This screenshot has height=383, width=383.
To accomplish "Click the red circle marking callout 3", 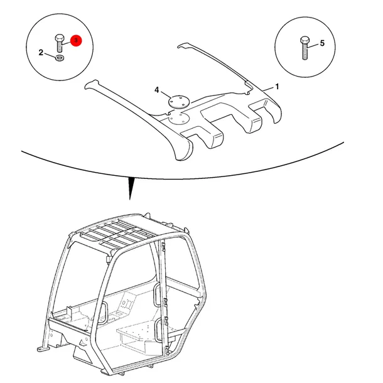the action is click(x=76, y=41).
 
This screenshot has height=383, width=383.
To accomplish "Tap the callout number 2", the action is click(x=41, y=53).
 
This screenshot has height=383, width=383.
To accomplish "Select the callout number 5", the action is click(x=322, y=43).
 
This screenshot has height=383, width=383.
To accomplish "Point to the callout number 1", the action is click(x=277, y=87).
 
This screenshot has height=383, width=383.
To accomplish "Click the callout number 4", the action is click(x=157, y=90).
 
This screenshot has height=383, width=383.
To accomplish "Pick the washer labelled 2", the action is click(x=60, y=58).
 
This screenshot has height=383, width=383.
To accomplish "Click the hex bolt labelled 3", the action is click(x=60, y=43).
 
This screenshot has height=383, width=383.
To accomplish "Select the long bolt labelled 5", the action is click(x=305, y=48).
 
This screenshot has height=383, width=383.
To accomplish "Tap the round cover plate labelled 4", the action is click(x=180, y=101).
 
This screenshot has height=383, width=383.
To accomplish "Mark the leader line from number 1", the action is click(x=267, y=89).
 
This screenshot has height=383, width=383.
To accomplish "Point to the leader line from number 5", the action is click(x=313, y=45).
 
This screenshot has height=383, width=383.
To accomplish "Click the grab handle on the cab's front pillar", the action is click(x=104, y=313).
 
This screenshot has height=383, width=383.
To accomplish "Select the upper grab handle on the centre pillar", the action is click(x=158, y=295).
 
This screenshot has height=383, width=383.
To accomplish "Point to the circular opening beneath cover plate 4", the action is click(x=179, y=119).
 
